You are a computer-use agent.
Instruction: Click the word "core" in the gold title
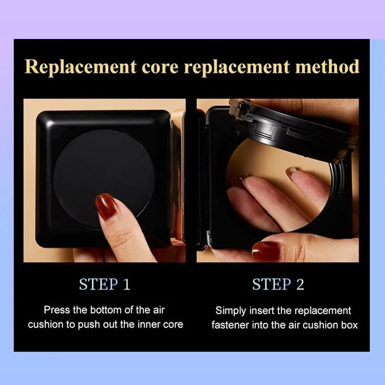coord(160,66)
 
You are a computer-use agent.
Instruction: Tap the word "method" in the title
coord(327,66)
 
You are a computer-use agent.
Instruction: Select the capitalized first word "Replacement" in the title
coord(80,67)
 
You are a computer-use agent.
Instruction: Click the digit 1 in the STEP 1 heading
coord(127,284)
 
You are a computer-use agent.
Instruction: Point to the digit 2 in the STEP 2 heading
coord(300,284)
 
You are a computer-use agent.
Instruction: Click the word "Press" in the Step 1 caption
coord(57,310)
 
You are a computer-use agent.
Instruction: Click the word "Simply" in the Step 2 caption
coord(231,311)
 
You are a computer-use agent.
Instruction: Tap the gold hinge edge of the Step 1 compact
coord(178,177)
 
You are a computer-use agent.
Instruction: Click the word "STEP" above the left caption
coord(99,284)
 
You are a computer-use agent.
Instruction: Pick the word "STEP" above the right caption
coord(271,284)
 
